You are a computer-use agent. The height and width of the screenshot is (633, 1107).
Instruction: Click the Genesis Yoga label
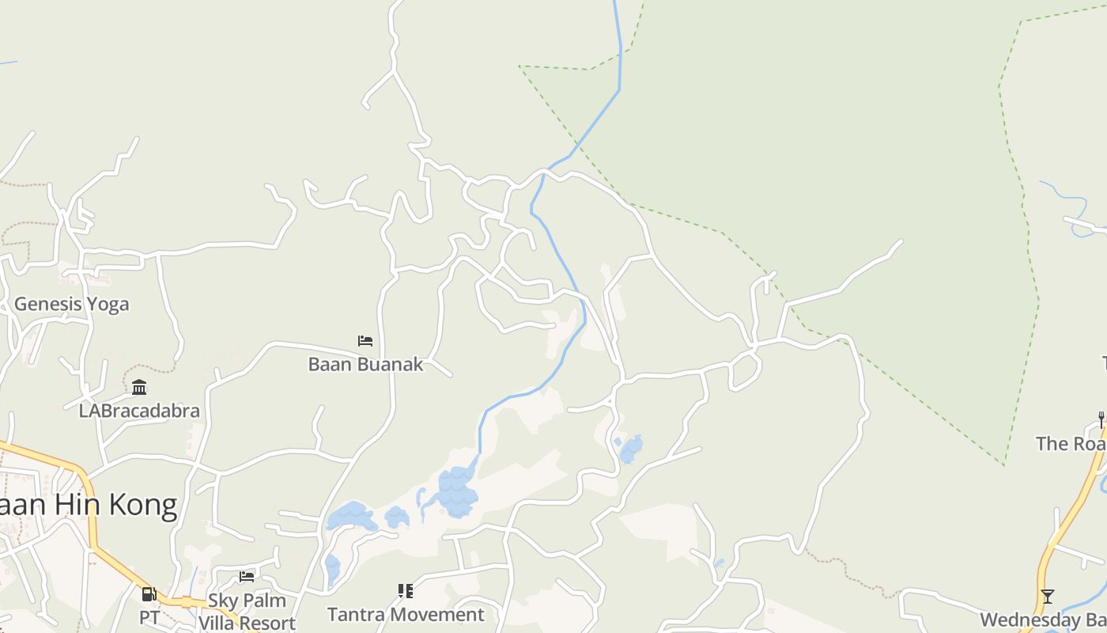(x=71, y=304)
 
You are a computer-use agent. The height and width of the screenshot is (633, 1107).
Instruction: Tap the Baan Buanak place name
(x=365, y=364)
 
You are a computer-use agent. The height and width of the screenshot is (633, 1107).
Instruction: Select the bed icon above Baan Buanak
(x=365, y=341)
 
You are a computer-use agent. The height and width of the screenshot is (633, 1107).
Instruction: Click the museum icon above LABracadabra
(x=139, y=388)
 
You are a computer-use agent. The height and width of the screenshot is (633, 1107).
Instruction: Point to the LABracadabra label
(x=139, y=411)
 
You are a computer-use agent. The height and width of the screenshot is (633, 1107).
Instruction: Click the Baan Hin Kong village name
(x=87, y=505)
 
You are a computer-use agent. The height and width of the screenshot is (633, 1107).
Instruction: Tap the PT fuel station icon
(x=149, y=593)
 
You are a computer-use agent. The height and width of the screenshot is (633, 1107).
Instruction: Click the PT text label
(x=149, y=616)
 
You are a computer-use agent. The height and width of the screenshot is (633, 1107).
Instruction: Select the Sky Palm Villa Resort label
(x=247, y=612)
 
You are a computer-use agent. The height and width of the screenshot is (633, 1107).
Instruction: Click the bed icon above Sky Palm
(x=247, y=576)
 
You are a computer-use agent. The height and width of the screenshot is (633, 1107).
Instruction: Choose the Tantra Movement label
(x=406, y=614)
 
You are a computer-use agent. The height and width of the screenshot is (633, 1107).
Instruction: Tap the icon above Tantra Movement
(x=406, y=590)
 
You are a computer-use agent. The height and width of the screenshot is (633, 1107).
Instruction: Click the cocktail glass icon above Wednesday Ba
(x=1048, y=597)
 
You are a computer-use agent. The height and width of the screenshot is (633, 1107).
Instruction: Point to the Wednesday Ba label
(x=1042, y=620)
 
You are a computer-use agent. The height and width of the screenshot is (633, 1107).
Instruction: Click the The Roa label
(x=1071, y=443)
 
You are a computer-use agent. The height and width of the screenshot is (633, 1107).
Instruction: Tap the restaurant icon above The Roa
(x=1101, y=419)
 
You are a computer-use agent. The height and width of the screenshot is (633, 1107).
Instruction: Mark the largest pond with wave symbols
(x=457, y=492)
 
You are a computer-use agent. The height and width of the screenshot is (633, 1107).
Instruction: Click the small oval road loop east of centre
(x=745, y=370)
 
